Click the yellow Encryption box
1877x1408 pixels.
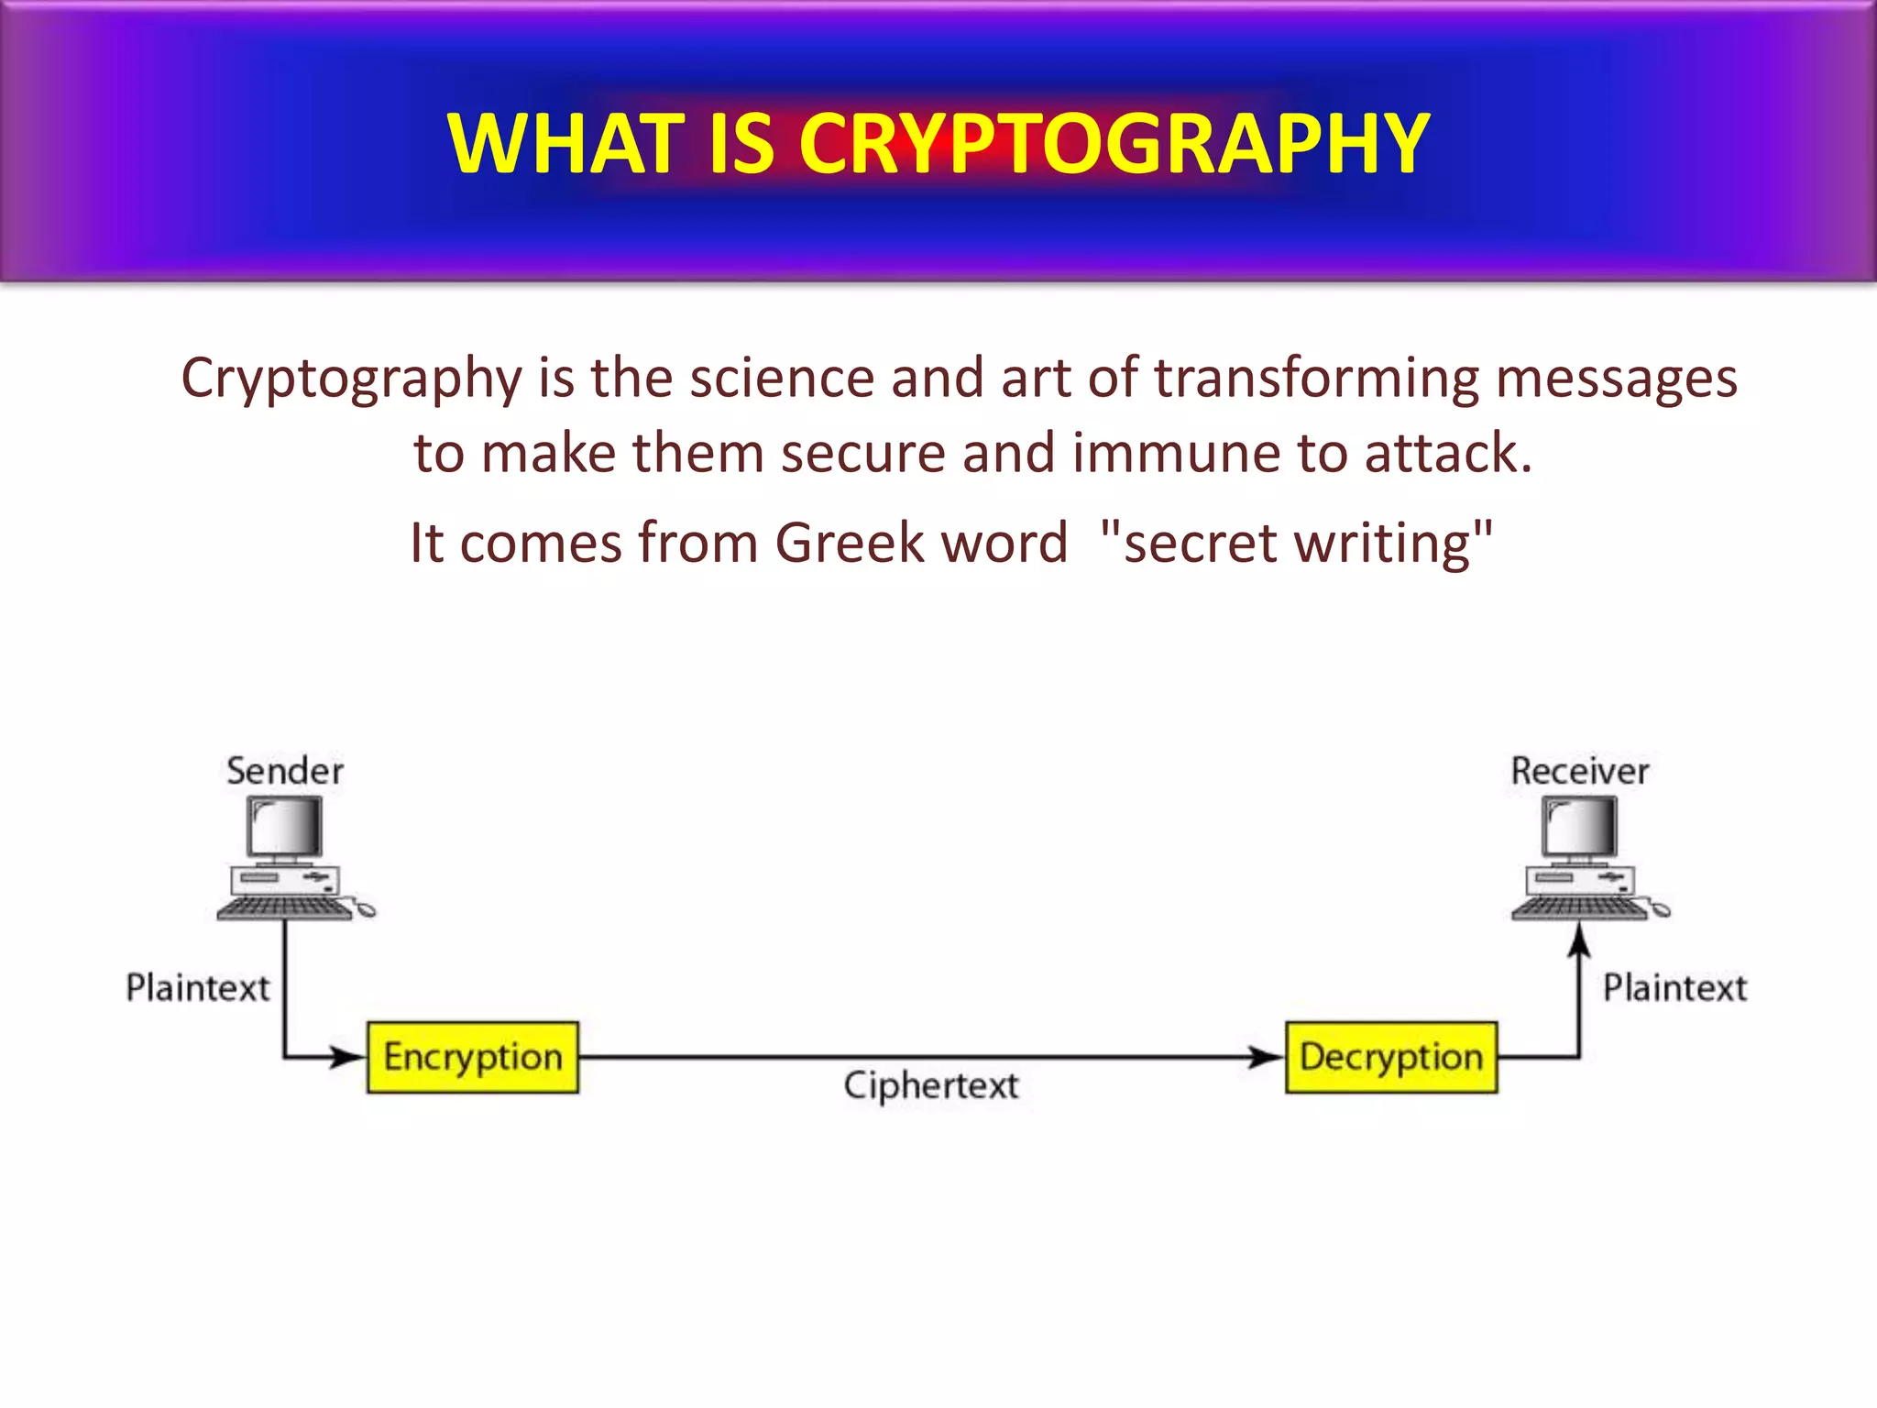coord(472,1057)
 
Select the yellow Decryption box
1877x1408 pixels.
coord(1390,1057)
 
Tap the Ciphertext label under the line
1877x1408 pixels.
coord(930,1086)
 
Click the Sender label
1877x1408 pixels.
coord(285,771)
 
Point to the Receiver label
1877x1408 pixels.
coord(1579,771)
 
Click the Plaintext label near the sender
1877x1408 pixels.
coord(197,988)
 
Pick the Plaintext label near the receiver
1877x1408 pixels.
coord(1674,988)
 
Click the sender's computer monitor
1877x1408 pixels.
coord(285,827)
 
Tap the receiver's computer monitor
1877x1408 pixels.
coord(1579,827)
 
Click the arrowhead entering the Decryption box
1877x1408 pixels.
coord(1268,1057)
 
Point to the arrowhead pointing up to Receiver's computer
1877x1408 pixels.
coord(1579,940)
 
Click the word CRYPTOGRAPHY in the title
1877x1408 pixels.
coord(1114,144)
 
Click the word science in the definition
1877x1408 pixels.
coord(782,378)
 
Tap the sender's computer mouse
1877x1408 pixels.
coord(366,910)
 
